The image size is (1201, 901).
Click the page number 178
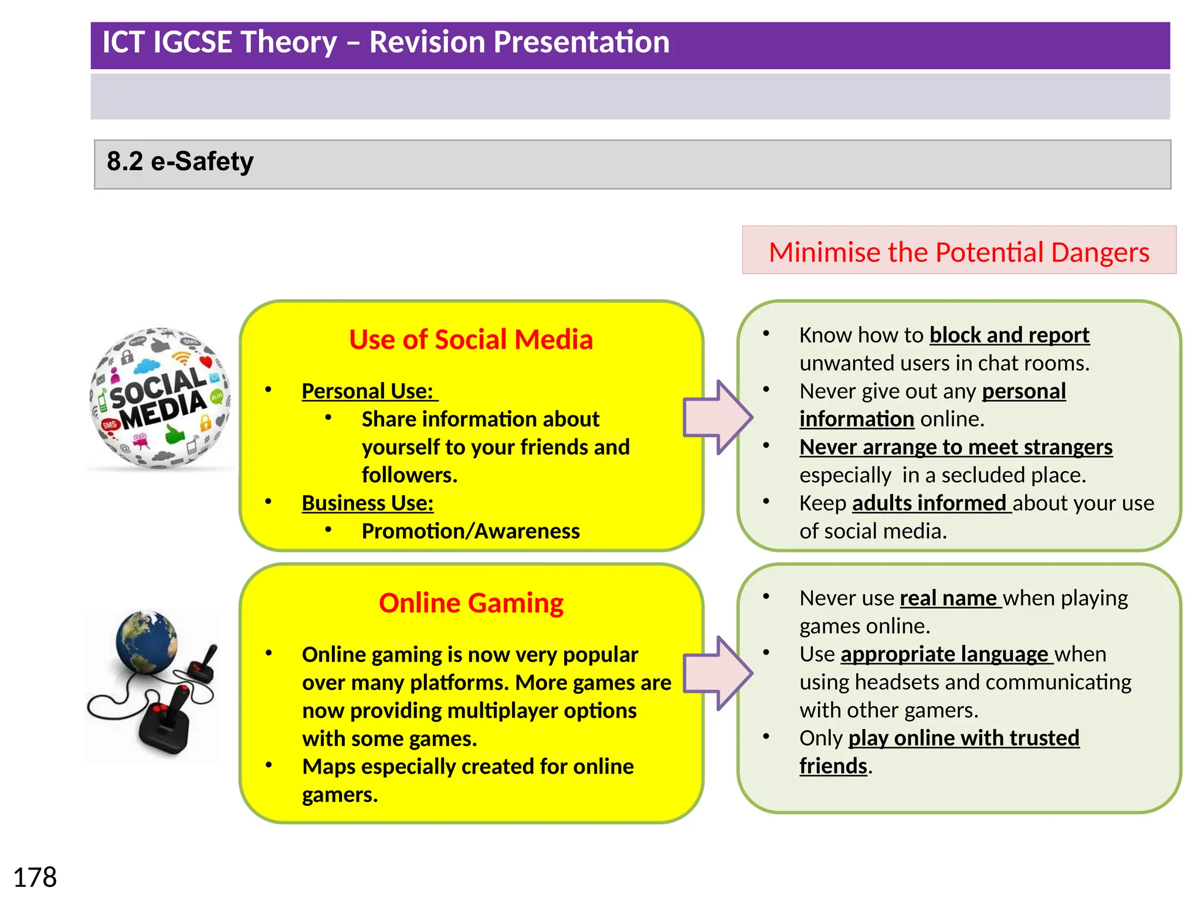(x=35, y=878)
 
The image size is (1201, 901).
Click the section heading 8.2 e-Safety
(x=180, y=161)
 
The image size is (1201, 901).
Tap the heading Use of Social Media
(x=471, y=340)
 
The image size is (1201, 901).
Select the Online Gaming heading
(x=471, y=603)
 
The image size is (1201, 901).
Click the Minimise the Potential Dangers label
(x=958, y=252)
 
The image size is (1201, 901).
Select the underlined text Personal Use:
(x=368, y=391)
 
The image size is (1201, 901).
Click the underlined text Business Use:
(x=368, y=503)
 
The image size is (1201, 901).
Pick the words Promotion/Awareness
(x=470, y=531)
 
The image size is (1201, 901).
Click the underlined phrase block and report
(x=1009, y=335)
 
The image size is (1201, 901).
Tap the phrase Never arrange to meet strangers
(x=955, y=447)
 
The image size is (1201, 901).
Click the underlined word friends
(x=833, y=766)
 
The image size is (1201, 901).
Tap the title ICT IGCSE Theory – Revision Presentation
(x=386, y=42)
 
